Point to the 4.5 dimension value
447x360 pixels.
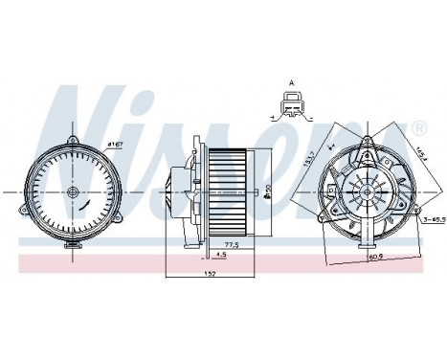(220, 255)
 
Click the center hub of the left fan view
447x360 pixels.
(72, 192)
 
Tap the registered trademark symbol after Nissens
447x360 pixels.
(419, 129)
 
